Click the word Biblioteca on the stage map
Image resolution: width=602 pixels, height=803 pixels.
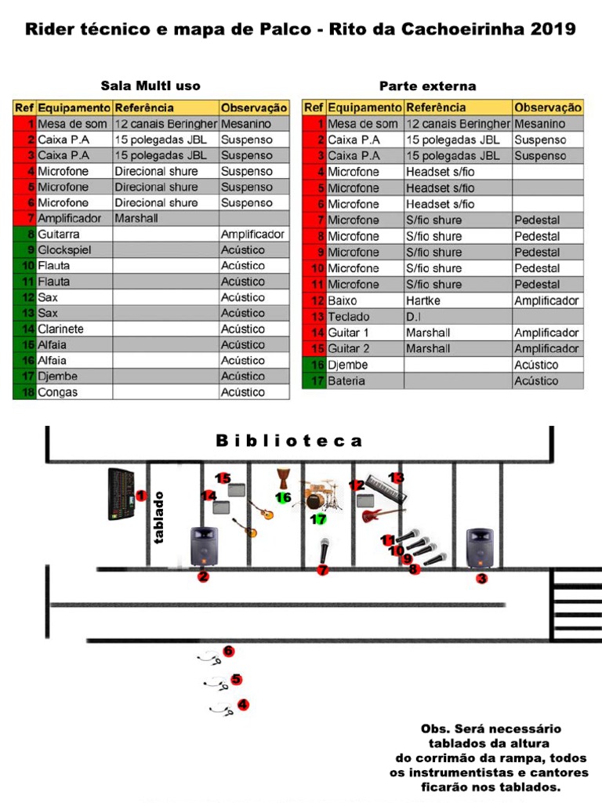click(289, 441)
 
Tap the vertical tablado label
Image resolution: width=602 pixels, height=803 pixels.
click(159, 518)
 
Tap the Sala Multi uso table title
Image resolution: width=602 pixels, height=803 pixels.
click(150, 85)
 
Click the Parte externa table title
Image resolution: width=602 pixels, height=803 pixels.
click(427, 85)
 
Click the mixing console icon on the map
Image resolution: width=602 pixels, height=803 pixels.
click(121, 494)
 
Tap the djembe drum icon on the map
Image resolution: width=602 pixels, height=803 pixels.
click(283, 478)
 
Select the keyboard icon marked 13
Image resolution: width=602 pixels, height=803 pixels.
click(386, 489)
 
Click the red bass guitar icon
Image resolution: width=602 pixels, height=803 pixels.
click(381, 514)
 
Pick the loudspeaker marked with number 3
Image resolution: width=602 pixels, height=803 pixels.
click(480, 547)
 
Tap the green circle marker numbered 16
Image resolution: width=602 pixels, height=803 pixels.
click(283, 497)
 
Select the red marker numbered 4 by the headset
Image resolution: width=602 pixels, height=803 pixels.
click(243, 705)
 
